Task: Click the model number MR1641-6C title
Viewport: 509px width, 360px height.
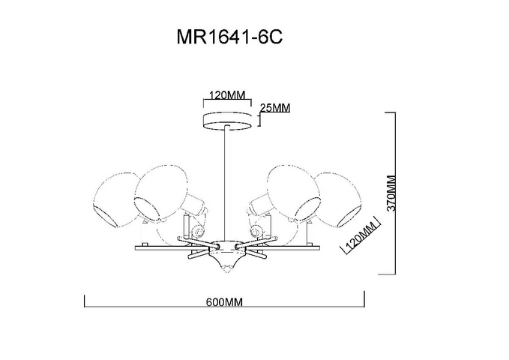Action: (229, 37)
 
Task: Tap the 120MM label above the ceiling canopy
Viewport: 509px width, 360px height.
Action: (226, 95)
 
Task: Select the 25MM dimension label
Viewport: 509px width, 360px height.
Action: (275, 107)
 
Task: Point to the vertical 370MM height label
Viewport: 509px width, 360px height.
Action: (392, 193)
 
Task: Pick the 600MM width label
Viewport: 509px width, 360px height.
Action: (224, 302)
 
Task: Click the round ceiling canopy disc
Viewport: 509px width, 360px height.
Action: (227, 121)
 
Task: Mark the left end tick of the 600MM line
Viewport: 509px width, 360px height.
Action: (85, 301)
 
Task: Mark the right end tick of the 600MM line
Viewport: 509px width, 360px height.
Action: (364, 299)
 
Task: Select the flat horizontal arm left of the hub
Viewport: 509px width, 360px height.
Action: (162, 248)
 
